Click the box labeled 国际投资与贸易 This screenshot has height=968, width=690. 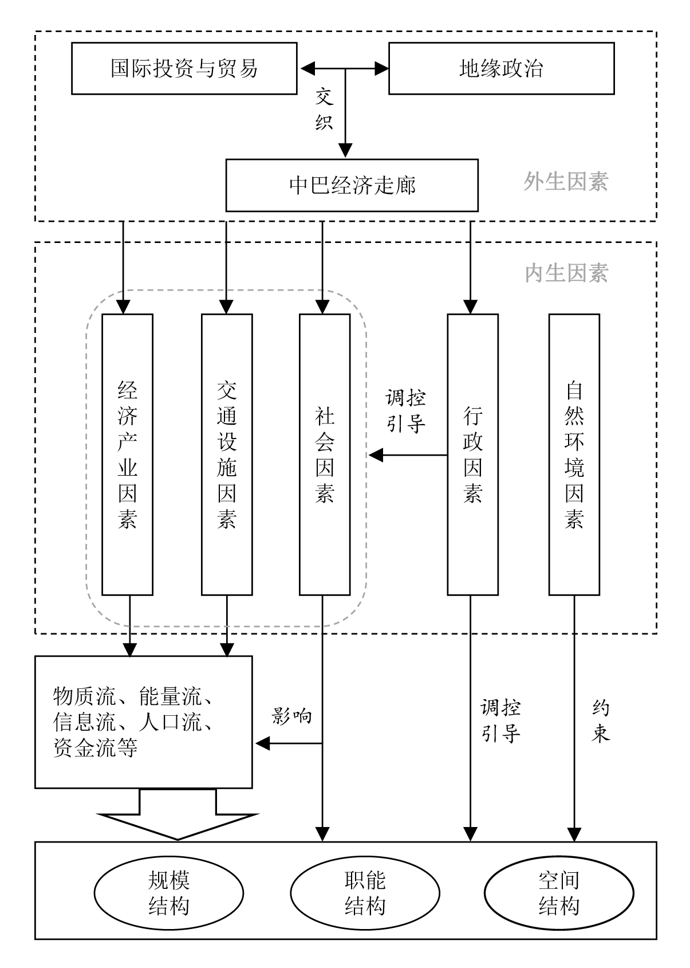[x=184, y=68]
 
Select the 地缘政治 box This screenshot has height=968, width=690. [x=501, y=68]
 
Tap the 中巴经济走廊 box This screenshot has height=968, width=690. [x=352, y=185]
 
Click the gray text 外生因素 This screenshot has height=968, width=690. [x=566, y=182]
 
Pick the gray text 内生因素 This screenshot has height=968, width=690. [x=566, y=273]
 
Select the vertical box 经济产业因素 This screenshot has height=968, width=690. [x=127, y=454]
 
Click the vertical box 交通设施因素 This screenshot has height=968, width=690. [x=227, y=454]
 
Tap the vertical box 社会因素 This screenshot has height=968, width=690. [x=325, y=454]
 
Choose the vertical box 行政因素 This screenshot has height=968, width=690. [x=472, y=454]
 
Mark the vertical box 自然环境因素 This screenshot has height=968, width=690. [x=574, y=454]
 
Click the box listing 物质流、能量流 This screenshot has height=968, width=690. [x=143, y=722]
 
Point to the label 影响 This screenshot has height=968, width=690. [x=292, y=716]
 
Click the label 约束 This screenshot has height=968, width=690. [x=601, y=722]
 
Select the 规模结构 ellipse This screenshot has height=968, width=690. [x=169, y=893]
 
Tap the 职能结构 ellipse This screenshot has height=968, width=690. [x=365, y=893]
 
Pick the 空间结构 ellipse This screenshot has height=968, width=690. [x=559, y=893]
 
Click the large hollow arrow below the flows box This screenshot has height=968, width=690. [x=178, y=817]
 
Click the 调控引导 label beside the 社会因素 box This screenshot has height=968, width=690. [x=406, y=411]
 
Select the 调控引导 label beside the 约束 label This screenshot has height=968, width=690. [x=500, y=720]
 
